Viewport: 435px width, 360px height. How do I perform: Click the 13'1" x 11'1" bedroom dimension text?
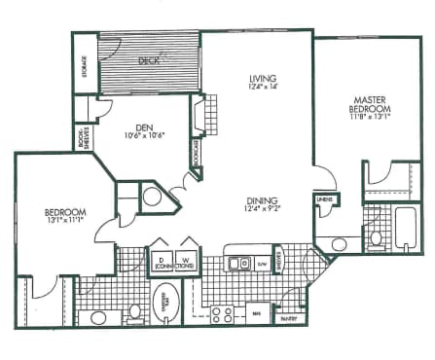click(64, 221)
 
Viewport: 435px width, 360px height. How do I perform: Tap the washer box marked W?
click(185, 258)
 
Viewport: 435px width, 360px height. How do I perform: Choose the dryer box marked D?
click(160, 258)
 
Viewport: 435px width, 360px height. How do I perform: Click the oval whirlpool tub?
click(166, 301)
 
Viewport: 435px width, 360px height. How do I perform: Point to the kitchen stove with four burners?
click(223, 313)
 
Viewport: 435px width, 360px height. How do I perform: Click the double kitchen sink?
click(238, 263)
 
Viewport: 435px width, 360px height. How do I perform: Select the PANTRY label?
click(288, 317)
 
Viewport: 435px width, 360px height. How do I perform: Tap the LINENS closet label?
click(322, 200)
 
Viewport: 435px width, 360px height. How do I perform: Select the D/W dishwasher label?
click(262, 263)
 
